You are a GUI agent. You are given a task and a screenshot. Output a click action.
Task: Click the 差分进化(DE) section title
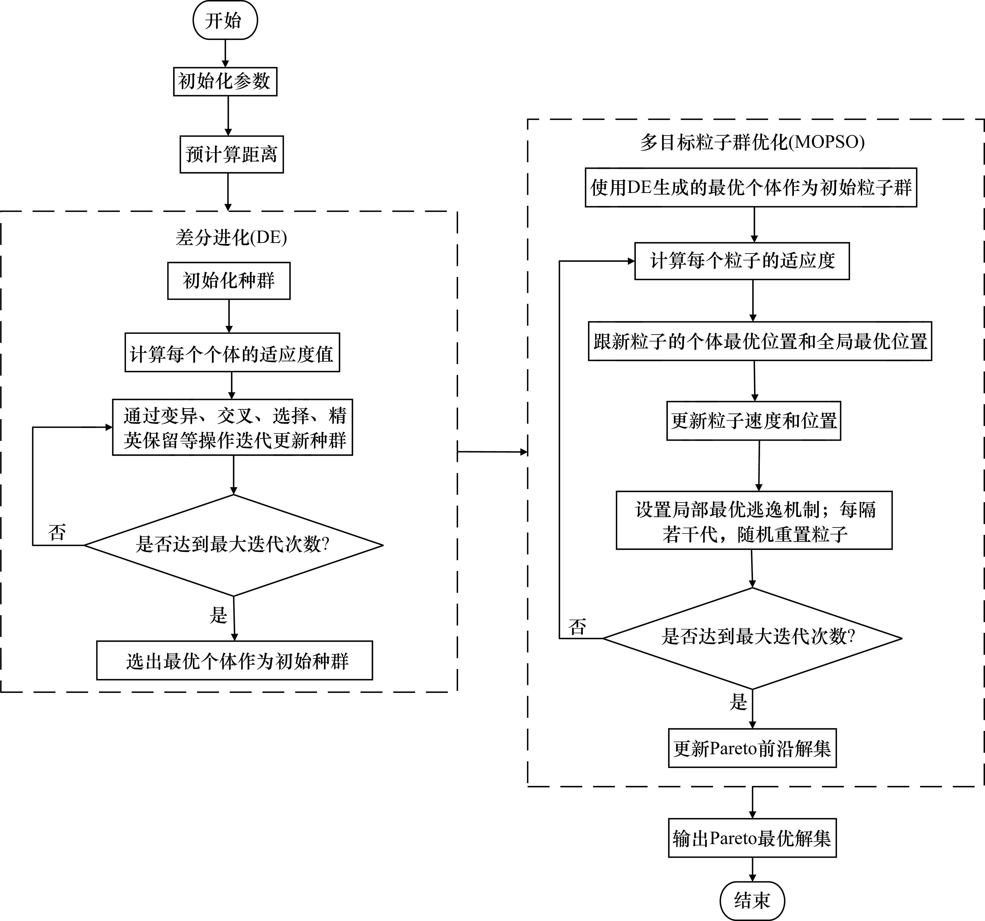click(231, 238)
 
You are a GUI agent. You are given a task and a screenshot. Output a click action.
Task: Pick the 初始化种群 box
click(228, 281)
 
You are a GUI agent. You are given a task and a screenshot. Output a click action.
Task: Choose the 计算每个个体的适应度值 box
click(232, 353)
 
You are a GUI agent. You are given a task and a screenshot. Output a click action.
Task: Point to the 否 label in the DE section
click(57, 532)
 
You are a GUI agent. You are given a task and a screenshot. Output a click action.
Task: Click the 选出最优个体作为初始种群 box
click(234, 660)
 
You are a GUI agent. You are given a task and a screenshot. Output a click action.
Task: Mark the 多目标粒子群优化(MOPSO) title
click(752, 142)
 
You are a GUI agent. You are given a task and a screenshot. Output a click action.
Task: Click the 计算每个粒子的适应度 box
click(742, 261)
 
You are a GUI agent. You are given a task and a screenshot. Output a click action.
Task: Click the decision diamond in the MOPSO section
click(752, 638)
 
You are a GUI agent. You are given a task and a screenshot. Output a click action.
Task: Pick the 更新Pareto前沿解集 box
click(752, 748)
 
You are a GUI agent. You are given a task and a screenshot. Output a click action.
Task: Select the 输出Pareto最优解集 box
click(752, 838)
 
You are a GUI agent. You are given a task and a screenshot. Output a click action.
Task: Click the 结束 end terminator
click(752, 900)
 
